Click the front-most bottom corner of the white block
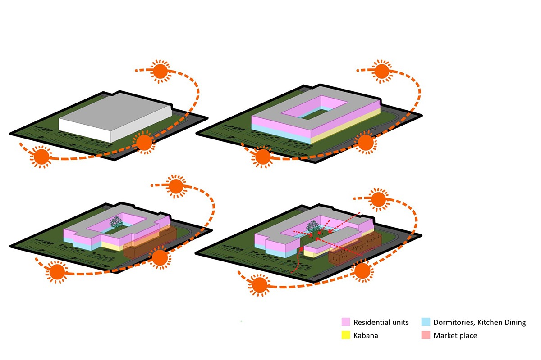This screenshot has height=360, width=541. point(111,143)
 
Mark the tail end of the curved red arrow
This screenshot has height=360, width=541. point(292,272)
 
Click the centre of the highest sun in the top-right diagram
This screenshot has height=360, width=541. point(381,72)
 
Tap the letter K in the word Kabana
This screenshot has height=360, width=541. point(356,335)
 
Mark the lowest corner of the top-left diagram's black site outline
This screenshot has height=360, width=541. point(115,160)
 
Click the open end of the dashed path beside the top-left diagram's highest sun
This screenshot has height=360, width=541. point(136,70)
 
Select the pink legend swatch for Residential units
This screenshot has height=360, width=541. point(346,322)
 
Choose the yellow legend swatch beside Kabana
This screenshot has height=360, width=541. point(346,335)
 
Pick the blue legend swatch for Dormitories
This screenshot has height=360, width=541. point(426,322)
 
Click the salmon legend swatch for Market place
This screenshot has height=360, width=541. point(426,335)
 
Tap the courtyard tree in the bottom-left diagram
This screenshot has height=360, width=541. point(116,222)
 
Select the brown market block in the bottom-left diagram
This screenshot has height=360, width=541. point(150,243)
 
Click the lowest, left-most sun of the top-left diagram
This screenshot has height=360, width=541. point(41,157)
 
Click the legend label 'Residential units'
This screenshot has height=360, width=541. point(381,322)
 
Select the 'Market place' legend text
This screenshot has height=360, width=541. point(455,335)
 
